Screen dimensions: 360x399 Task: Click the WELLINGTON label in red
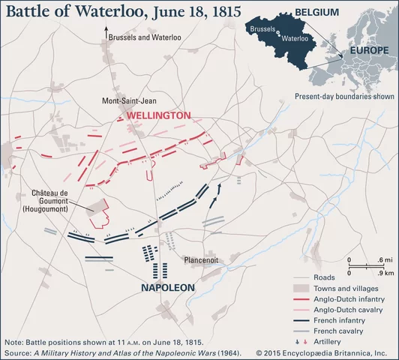tap(158, 116)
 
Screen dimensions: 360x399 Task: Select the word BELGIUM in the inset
tap(317, 13)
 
